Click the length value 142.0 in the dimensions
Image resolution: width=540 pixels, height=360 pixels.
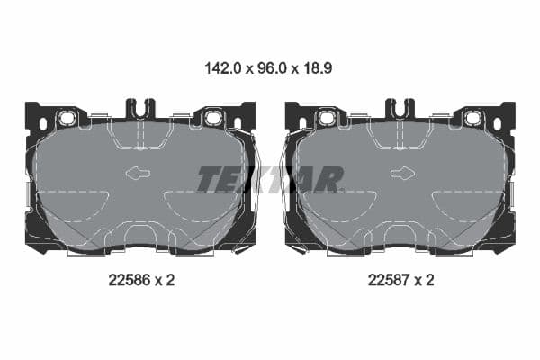[x=224, y=67]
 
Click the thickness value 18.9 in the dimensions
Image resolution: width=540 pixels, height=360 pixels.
[x=318, y=67]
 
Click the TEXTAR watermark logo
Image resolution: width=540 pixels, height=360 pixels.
[x=270, y=179]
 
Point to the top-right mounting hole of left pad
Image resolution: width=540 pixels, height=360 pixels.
[x=212, y=118]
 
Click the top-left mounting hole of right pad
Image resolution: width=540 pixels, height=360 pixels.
[x=328, y=118]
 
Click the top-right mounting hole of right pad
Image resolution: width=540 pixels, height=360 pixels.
[x=472, y=118]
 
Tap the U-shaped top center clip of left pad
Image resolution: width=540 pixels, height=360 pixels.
[x=140, y=111]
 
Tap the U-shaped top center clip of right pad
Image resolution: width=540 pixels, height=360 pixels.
[x=400, y=111]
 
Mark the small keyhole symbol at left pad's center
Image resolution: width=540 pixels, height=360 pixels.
[x=139, y=175]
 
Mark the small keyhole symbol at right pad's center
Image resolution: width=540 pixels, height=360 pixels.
[x=400, y=175]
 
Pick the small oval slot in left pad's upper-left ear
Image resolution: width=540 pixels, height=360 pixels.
[x=42, y=123]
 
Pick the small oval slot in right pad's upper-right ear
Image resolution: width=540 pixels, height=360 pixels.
[x=498, y=123]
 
